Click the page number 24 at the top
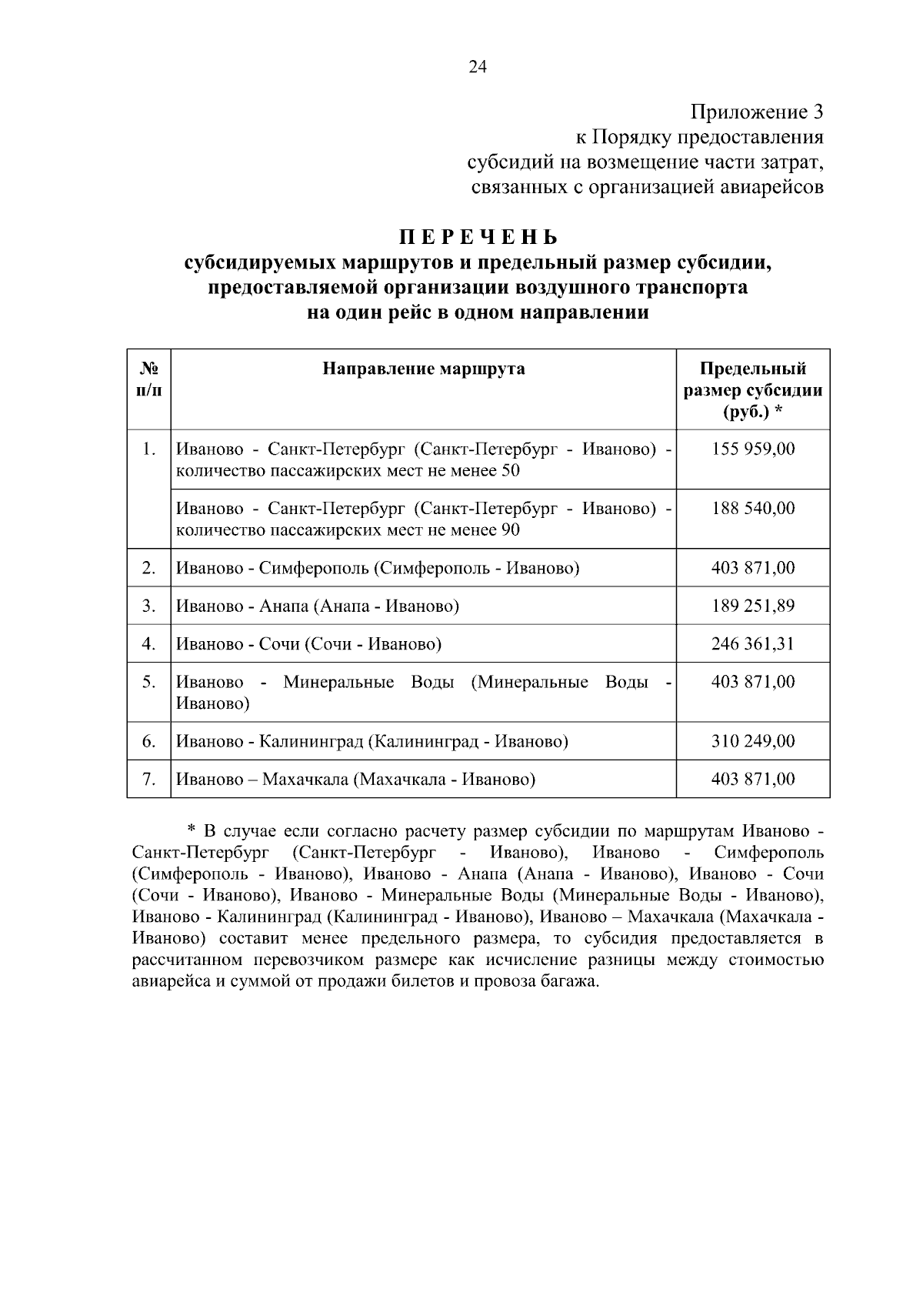click(477, 68)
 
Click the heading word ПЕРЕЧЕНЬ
click(477, 236)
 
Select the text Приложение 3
click(757, 112)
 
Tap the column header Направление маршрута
click(423, 369)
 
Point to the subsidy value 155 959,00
click(753, 449)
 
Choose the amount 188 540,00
click(753, 508)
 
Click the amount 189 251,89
click(753, 606)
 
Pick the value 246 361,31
click(753, 643)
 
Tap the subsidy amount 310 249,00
click(753, 741)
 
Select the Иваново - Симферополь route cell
click(378, 568)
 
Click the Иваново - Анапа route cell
click(318, 606)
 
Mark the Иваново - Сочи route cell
click(309, 643)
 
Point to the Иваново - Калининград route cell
click(372, 741)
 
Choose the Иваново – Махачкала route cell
click(356, 779)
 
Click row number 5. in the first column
click(149, 682)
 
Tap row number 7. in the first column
click(149, 779)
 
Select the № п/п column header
click(149, 379)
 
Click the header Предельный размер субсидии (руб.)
click(753, 390)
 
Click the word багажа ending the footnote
click(570, 982)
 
